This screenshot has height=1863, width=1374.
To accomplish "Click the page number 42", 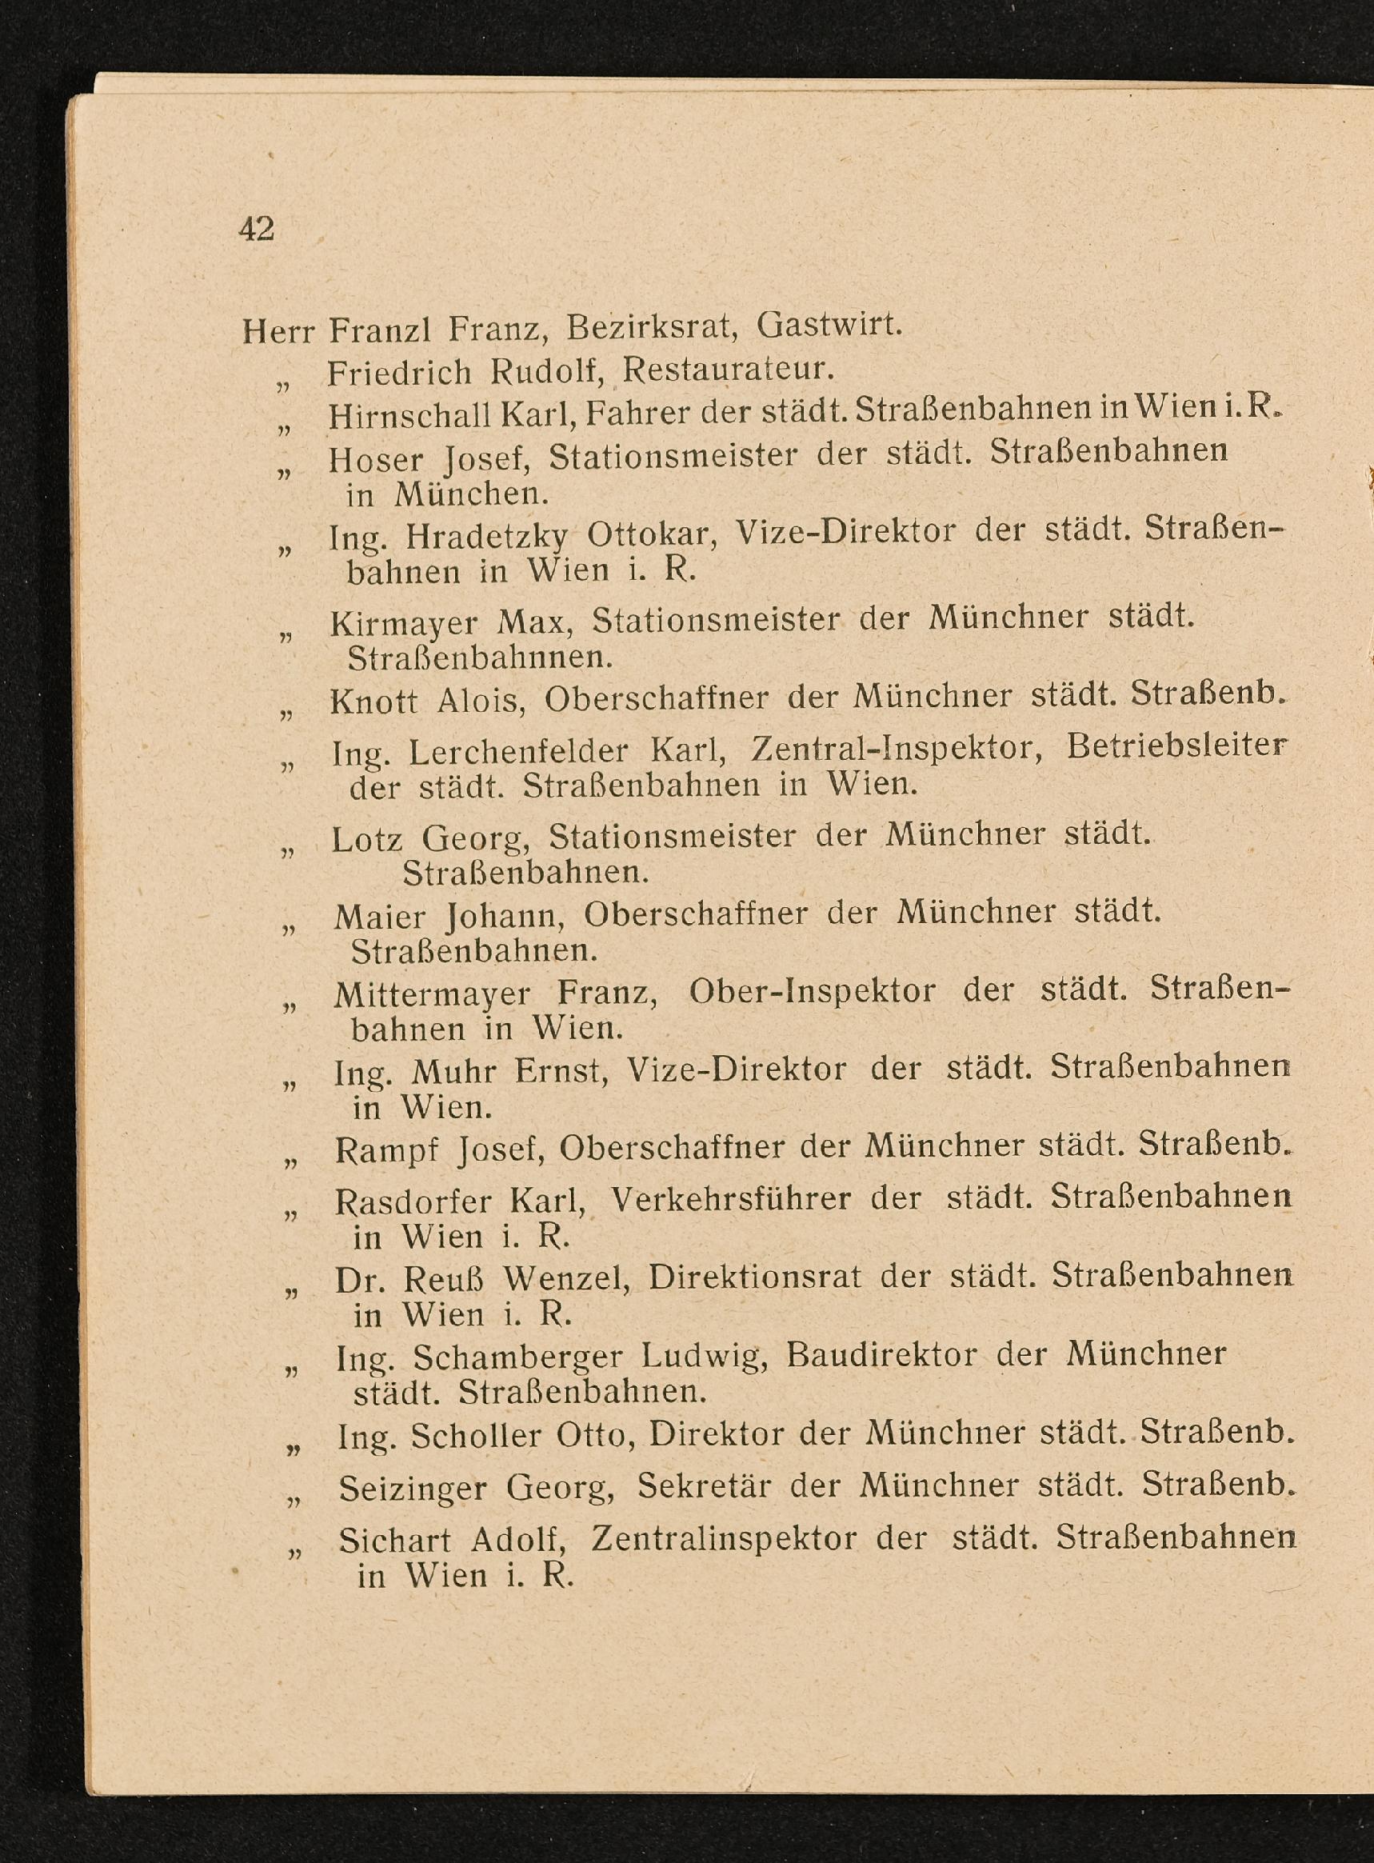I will pos(256,229).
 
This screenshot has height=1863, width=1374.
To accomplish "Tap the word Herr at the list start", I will pos(278,332).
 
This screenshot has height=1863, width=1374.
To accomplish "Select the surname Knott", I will pos(373,702).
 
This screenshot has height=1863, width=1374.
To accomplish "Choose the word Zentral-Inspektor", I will pos(897,750).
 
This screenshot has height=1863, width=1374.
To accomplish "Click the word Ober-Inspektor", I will pos(812,991).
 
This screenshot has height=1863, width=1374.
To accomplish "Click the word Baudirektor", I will pos(881,1355).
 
